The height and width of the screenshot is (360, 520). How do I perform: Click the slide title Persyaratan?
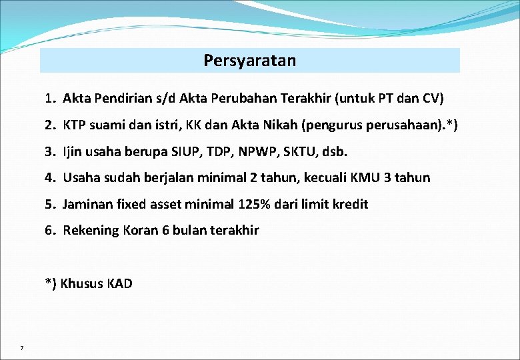pos(250,61)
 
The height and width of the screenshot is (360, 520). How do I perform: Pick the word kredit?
pos(351,204)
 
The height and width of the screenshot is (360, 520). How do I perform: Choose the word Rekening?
pos(89,230)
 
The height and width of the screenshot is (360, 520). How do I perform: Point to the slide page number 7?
pos(22,348)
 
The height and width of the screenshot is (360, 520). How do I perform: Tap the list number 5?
pos(49,204)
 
